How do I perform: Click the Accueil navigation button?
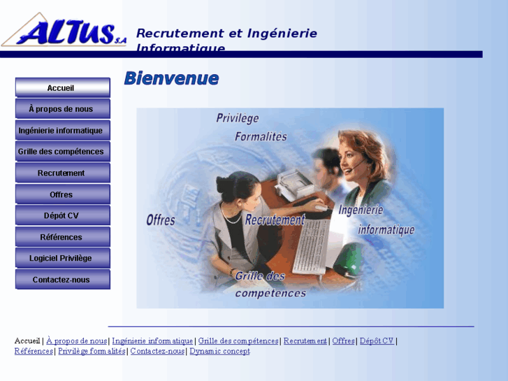[x=62, y=87]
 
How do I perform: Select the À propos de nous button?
[x=62, y=109]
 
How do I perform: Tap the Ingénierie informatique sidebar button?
[x=62, y=130]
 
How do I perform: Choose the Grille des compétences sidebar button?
[x=62, y=151]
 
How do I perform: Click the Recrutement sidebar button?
[x=62, y=173]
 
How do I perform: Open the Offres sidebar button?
[x=62, y=194]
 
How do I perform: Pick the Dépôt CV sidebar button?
[x=62, y=215]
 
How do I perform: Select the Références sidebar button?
[x=62, y=237]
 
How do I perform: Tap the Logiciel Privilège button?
[x=62, y=258]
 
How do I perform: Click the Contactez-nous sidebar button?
[x=62, y=280]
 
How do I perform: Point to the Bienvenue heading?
[x=171, y=78]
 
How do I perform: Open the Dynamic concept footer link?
[x=219, y=351]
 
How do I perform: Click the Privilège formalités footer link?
[x=92, y=351]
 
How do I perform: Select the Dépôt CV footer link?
[x=377, y=341]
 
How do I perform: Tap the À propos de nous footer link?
[x=77, y=341]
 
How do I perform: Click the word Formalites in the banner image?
[x=261, y=137]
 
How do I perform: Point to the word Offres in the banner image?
[x=161, y=220]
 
